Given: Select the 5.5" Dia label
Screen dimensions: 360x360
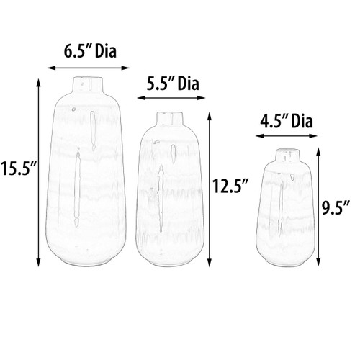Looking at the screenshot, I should pos(172,83).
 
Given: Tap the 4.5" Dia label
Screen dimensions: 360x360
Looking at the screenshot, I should pos(287,120).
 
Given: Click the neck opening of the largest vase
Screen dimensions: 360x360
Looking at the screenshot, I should pos(88,76).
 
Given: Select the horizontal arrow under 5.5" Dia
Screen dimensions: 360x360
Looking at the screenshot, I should pos(172,99).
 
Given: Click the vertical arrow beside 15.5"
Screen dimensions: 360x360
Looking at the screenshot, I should pos(37,171).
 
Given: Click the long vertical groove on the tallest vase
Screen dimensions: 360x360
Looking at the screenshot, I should pos(77,191).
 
